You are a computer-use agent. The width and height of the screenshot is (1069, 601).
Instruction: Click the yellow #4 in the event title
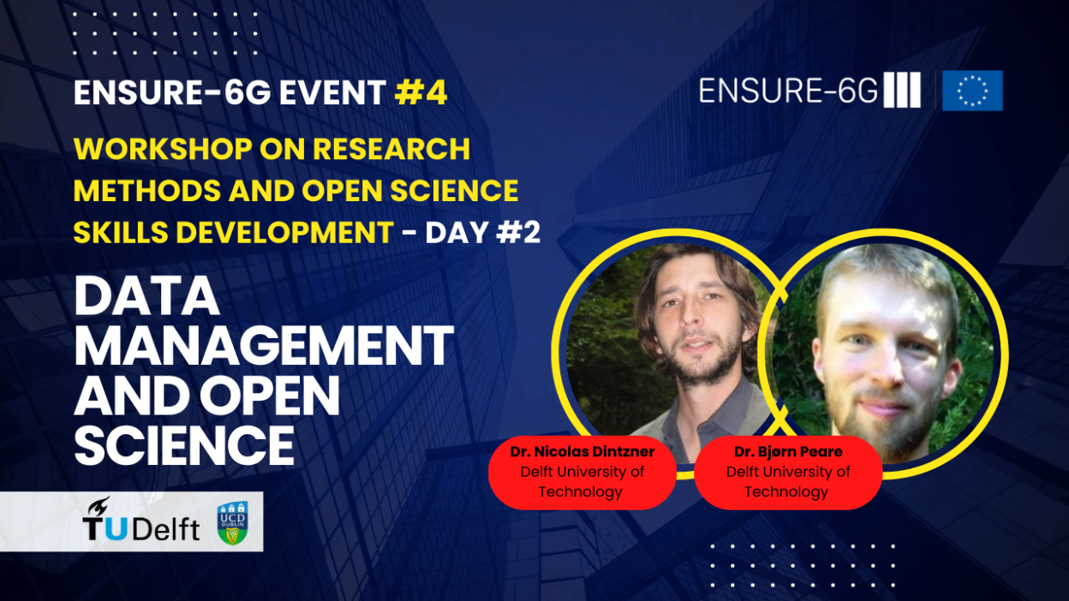[x=421, y=92]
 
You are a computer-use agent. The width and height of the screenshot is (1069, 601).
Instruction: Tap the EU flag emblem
[x=972, y=91]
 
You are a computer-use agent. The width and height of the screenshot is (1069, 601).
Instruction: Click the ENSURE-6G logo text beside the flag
[x=788, y=91]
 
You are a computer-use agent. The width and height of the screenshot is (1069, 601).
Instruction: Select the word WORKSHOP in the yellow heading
[x=163, y=149]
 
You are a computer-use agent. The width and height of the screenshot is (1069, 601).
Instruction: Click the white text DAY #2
[x=482, y=232]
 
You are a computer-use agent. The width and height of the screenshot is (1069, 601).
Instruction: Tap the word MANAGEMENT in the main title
[x=264, y=345]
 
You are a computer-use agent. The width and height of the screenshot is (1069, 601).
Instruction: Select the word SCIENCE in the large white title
[x=184, y=445]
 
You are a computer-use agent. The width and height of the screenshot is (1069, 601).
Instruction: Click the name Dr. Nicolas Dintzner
[x=582, y=451]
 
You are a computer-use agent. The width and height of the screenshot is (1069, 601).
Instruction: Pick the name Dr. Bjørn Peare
[x=788, y=451]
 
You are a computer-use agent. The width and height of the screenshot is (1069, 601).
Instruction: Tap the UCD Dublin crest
[x=233, y=523]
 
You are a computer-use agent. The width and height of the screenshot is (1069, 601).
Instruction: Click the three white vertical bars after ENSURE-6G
[x=902, y=90]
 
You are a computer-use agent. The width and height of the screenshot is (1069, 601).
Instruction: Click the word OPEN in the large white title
[x=270, y=396]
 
